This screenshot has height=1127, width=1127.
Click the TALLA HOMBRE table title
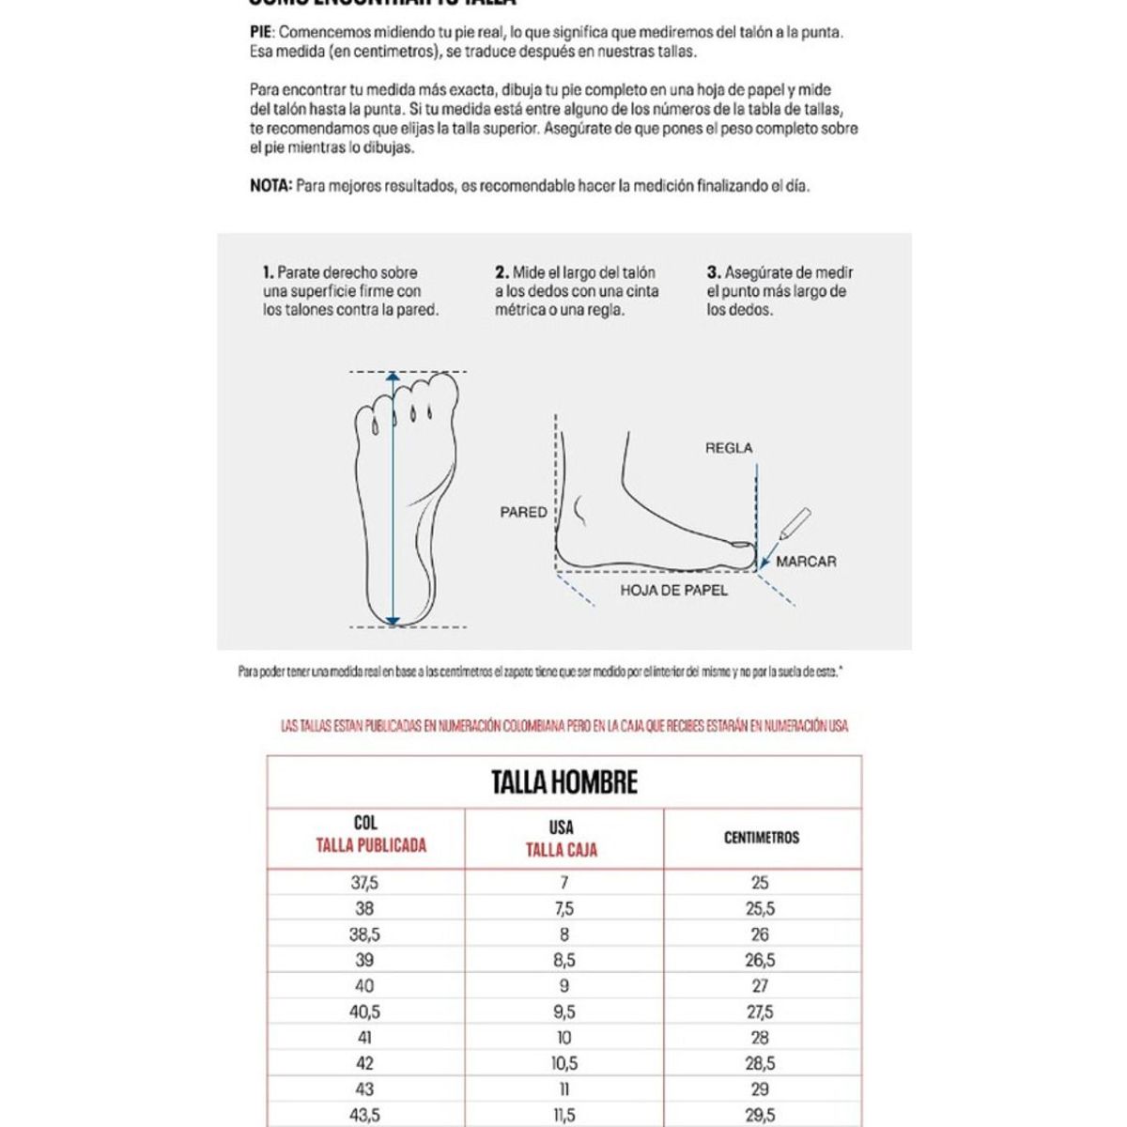coord(563,782)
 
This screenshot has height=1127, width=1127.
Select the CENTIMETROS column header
coord(761,837)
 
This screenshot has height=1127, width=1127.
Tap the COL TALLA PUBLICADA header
coord(366,835)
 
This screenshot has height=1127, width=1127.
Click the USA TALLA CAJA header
coord(561,839)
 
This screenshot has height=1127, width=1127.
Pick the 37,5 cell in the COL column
coord(364,883)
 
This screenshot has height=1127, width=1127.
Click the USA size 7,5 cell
coord(563,909)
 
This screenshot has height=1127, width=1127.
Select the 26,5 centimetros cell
coord(760,960)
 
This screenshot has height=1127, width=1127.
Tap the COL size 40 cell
coord(364,986)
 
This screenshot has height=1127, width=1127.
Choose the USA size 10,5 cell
coord(563,1063)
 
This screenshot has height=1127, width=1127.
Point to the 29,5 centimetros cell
coord(760,1115)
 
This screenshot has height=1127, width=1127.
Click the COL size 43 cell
coord(364,1089)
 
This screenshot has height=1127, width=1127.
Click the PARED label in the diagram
coord(523,512)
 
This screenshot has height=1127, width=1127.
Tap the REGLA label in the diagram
coord(729,448)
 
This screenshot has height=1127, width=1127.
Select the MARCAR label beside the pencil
coord(806,562)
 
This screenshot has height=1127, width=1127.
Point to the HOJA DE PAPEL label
coord(673,590)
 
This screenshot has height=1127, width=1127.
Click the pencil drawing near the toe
coord(795,522)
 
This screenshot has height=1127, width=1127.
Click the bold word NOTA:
coord(271,186)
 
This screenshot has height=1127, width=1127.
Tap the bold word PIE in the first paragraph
coord(260,32)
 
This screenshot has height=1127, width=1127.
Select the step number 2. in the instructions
coord(502,272)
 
